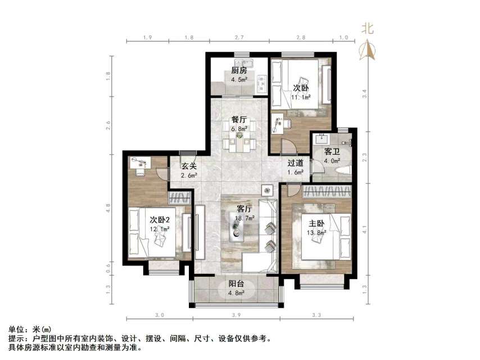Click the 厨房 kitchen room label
tap(239, 71)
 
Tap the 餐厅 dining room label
tap(239, 119)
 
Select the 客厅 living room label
tap(245, 209)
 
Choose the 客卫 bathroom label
tap(332, 152)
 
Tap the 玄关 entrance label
tap(189, 166)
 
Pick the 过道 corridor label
tap(296, 163)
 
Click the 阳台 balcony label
tap(236, 284)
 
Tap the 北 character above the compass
tap(368, 28)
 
